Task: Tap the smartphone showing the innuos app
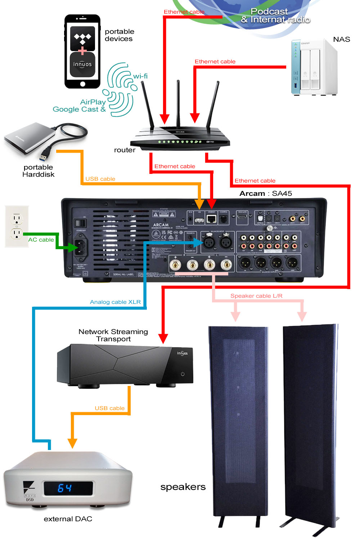point(82,51)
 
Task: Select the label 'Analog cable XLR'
point(115,302)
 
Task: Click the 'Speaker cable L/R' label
point(256,296)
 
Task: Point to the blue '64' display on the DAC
point(65,488)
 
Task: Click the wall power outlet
point(17,226)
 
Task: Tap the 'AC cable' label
point(41,240)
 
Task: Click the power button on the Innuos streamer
point(183,374)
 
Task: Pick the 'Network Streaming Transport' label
point(113,335)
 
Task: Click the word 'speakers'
point(183,487)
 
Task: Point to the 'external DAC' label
point(68,519)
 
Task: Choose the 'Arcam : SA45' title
point(266,193)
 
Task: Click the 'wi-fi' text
point(140,76)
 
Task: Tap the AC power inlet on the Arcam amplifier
point(81,247)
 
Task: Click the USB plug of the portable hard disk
point(45,156)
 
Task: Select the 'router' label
point(125,150)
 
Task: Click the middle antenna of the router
point(178,103)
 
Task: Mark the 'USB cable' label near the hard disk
point(100,179)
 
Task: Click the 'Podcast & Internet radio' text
point(275,16)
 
